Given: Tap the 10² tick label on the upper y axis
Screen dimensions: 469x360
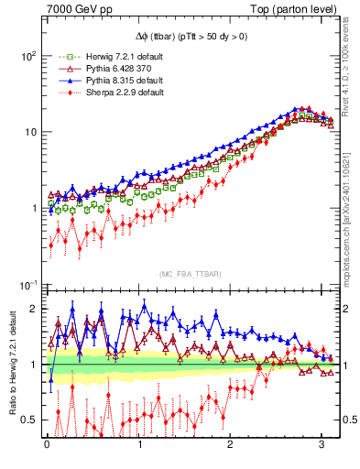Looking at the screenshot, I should point(27,56).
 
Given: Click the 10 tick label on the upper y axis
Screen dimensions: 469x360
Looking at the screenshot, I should point(28,132).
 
